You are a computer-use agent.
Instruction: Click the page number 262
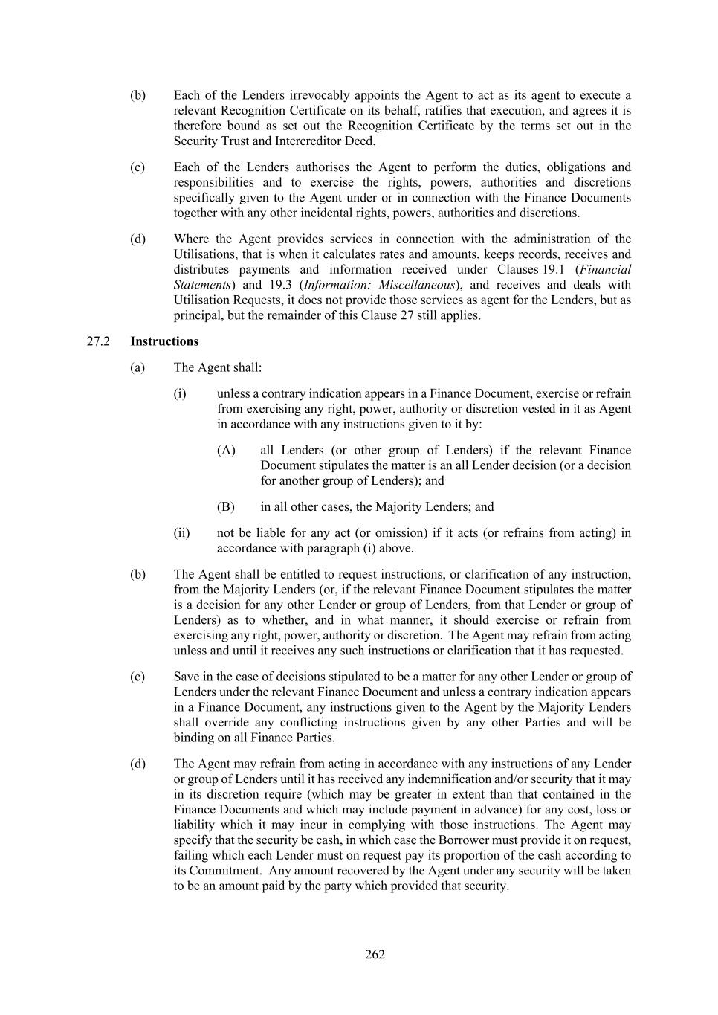coord(375,955)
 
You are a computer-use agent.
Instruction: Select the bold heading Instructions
coord(164,341)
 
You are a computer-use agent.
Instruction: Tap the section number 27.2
coord(98,341)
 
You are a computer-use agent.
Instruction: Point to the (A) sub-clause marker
coord(226,450)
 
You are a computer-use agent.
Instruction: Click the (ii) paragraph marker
coord(181,532)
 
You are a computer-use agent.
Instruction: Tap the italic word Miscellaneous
coord(416,284)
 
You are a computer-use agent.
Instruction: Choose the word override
coord(216,722)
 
